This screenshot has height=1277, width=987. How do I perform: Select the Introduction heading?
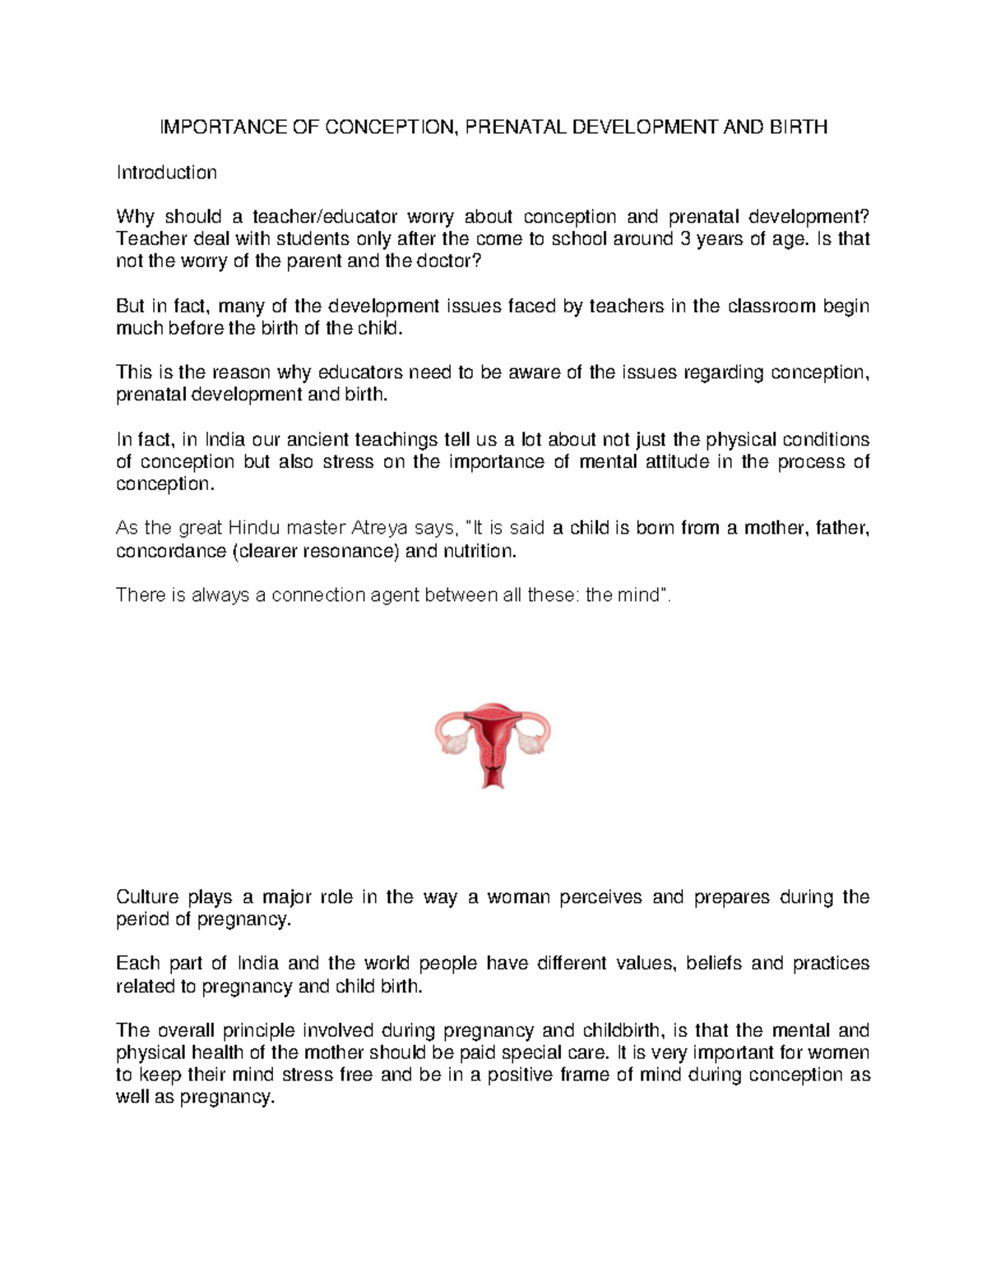[x=166, y=173]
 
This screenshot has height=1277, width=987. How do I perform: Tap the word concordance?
[x=170, y=551]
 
